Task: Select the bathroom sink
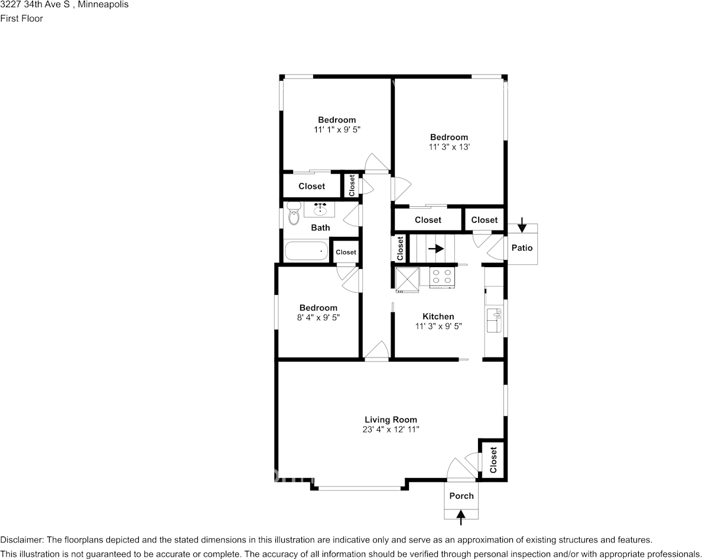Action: click(320, 209)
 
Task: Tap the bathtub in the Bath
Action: click(306, 251)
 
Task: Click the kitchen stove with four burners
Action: click(442, 277)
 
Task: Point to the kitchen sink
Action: click(494, 320)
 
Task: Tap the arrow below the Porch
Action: click(461, 518)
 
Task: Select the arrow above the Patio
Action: click(522, 225)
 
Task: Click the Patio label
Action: click(522, 248)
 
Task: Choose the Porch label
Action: click(461, 496)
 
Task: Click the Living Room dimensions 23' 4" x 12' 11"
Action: click(391, 430)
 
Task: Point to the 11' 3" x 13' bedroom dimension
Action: click(449, 147)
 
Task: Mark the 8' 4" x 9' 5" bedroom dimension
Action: click(318, 317)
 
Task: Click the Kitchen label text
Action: click(438, 317)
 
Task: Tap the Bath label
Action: click(320, 227)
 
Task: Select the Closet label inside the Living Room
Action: click(493, 460)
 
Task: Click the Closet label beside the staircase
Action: click(400, 248)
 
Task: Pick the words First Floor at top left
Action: click(22, 18)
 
